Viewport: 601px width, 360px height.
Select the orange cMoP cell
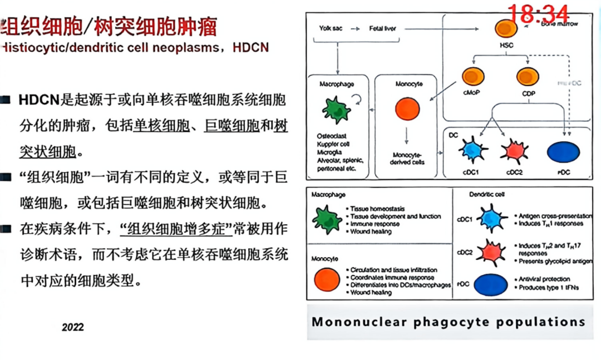[474, 76]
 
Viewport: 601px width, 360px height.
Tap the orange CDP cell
[528, 76]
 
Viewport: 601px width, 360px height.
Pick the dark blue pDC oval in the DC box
[564, 152]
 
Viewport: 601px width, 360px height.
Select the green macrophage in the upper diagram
[337, 109]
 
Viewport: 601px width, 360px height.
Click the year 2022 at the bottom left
[72, 327]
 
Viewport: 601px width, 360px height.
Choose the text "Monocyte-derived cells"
[407, 159]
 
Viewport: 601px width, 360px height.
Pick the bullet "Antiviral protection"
[544, 279]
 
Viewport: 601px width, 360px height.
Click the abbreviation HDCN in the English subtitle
[251, 48]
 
